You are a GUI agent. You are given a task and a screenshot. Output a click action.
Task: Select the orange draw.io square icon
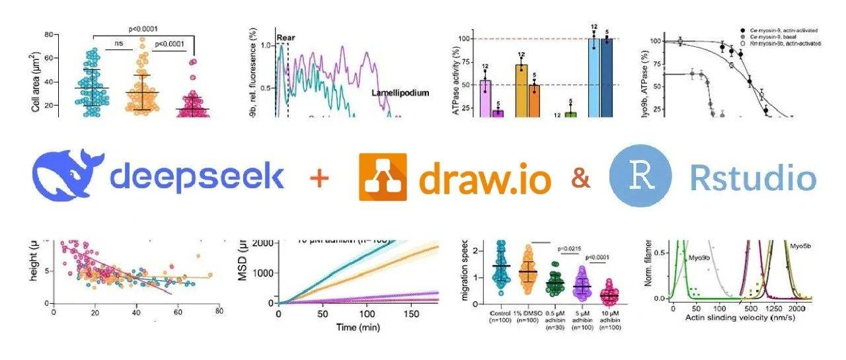coord(383,176)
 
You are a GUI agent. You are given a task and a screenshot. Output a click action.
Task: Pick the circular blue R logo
coord(640,176)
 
